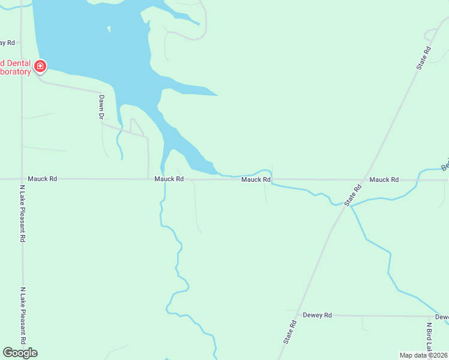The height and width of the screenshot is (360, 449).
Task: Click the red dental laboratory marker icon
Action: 40,65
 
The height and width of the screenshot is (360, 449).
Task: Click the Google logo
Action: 20,352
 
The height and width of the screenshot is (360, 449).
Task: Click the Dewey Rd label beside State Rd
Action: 318,315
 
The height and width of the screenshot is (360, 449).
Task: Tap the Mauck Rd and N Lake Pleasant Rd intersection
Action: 22,179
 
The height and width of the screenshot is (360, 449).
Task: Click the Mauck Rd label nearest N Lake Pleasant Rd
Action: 42,179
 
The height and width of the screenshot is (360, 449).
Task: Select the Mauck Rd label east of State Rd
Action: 384,179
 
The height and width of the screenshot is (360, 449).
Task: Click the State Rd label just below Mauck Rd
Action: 354,196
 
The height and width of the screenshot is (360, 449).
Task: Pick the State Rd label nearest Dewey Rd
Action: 291,331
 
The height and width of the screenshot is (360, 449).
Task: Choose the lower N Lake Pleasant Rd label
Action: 22,315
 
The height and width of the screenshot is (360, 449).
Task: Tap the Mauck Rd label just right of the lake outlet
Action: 256,179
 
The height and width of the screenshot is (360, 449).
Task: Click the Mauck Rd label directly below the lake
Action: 169,179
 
